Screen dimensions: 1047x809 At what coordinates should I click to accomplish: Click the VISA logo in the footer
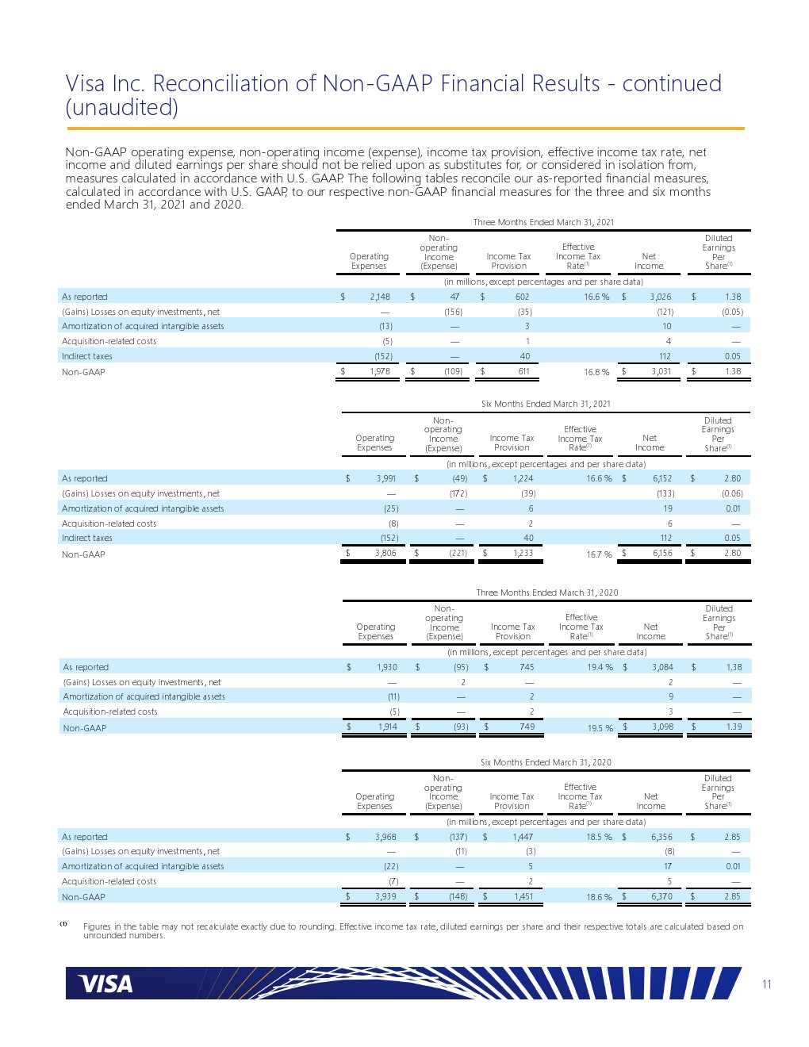pyautogui.click(x=105, y=984)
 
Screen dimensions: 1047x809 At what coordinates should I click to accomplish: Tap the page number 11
pyautogui.click(x=766, y=984)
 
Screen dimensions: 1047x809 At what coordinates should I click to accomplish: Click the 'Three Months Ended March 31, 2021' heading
pyautogui.click(x=543, y=222)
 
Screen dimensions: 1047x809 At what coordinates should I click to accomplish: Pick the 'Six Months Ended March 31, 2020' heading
pyautogui.click(x=546, y=762)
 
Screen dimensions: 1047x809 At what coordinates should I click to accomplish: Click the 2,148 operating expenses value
pyautogui.click(x=380, y=297)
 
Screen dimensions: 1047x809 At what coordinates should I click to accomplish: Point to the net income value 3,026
pyautogui.click(x=661, y=297)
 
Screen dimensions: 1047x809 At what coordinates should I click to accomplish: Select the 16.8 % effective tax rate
pyautogui.click(x=596, y=372)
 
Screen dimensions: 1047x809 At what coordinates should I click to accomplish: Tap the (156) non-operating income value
pyautogui.click(x=453, y=312)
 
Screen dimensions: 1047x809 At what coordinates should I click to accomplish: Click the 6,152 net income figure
pyautogui.click(x=662, y=478)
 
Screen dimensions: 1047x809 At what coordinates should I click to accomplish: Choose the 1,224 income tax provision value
pyautogui.click(x=523, y=478)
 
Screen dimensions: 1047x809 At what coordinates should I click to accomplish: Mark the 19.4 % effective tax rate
pyautogui.click(x=600, y=667)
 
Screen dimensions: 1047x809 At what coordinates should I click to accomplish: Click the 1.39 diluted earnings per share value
pyautogui.click(x=734, y=727)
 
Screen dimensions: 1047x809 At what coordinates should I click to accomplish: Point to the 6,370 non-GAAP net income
pyautogui.click(x=662, y=896)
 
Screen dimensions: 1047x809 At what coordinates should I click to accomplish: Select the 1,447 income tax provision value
pyautogui.click(x=523, y=837)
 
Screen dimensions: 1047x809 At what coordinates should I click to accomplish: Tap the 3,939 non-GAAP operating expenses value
pyautogui.click(x=385, y=896)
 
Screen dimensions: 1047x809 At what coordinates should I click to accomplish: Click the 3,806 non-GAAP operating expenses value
pyautogui.click(x=385, y=553)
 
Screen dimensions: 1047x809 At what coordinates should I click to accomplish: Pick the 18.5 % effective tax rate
pyautogui.click(x=599, y=837)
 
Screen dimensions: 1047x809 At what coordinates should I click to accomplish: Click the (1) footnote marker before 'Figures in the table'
pyautogui.click(x=63, y=924)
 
